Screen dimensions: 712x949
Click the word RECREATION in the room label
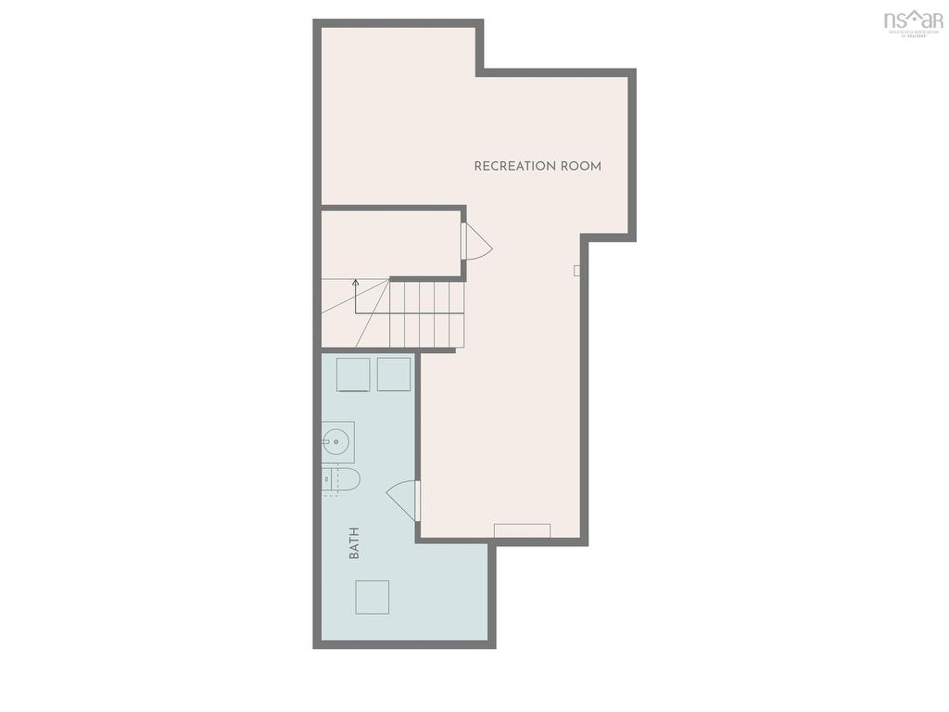pyautogui.click(x=512, y=167)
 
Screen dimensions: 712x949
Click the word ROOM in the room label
pyautogui.click(x=580, y=167)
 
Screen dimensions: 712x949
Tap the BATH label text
pyautogui.click(x=354, y=542)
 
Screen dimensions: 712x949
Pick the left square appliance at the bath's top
pyautogui.click(x=353, y=374)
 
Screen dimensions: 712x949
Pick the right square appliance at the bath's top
pyautogui.click(x=394, y=374)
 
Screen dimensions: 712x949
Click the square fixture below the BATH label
pyautogui.click(x=372, y=597)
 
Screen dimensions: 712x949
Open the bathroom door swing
pyautogui.click(x=404, y=500)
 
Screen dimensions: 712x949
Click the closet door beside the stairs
pyautogui.click(x=476, y=243)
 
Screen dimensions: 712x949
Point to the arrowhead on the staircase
pyautogui.click(x=355, y=281)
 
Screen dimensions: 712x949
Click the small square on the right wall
pyautogui.click(x=576, y=271)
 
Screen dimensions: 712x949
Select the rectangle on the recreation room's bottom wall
pyautogui.click(x=522, y=530)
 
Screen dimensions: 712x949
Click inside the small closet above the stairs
pyautogui.click(x=391, y=242)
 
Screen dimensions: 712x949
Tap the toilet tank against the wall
pyautogui.click(x=325, y=478)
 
